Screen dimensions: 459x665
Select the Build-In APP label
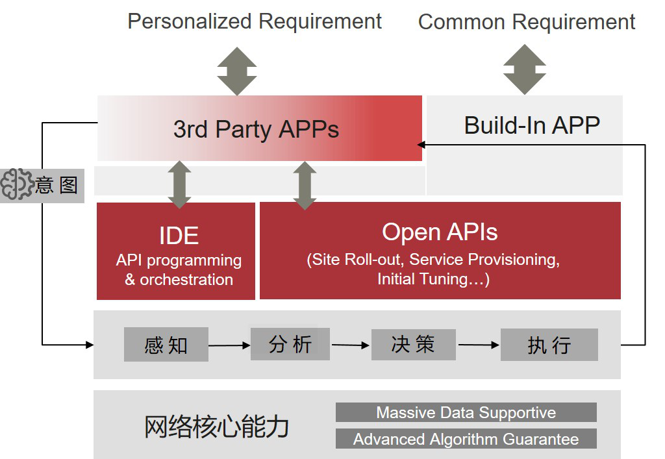click(x=531, y=125)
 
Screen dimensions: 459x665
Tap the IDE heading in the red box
click(x=179, y=236)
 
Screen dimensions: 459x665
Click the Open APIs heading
click(x=440, y=232)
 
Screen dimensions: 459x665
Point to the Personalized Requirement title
click(x=255, y=21)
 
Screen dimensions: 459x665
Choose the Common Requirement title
click(x=526, y=22)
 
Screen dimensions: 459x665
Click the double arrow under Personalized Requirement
click(x=237, y=71)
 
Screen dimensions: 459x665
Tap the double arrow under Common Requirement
click(x=525, y=69)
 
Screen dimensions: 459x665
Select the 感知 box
click(x=166, y=345)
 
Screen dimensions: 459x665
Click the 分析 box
click(x=290, y=343)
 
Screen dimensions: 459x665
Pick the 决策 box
click(x=413, y=344)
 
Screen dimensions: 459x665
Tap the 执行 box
click(x=549, y=345)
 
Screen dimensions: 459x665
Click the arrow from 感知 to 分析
click(x=229, y=345)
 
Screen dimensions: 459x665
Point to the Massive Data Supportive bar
click(x=466, y=412)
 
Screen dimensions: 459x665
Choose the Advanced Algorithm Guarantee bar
click(x=466, y=439)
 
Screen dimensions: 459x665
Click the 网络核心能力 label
click(x=216, y=427)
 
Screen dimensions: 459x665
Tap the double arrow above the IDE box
click(x=180, y=184)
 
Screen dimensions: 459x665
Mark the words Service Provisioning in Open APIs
click(x=484, y=260)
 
